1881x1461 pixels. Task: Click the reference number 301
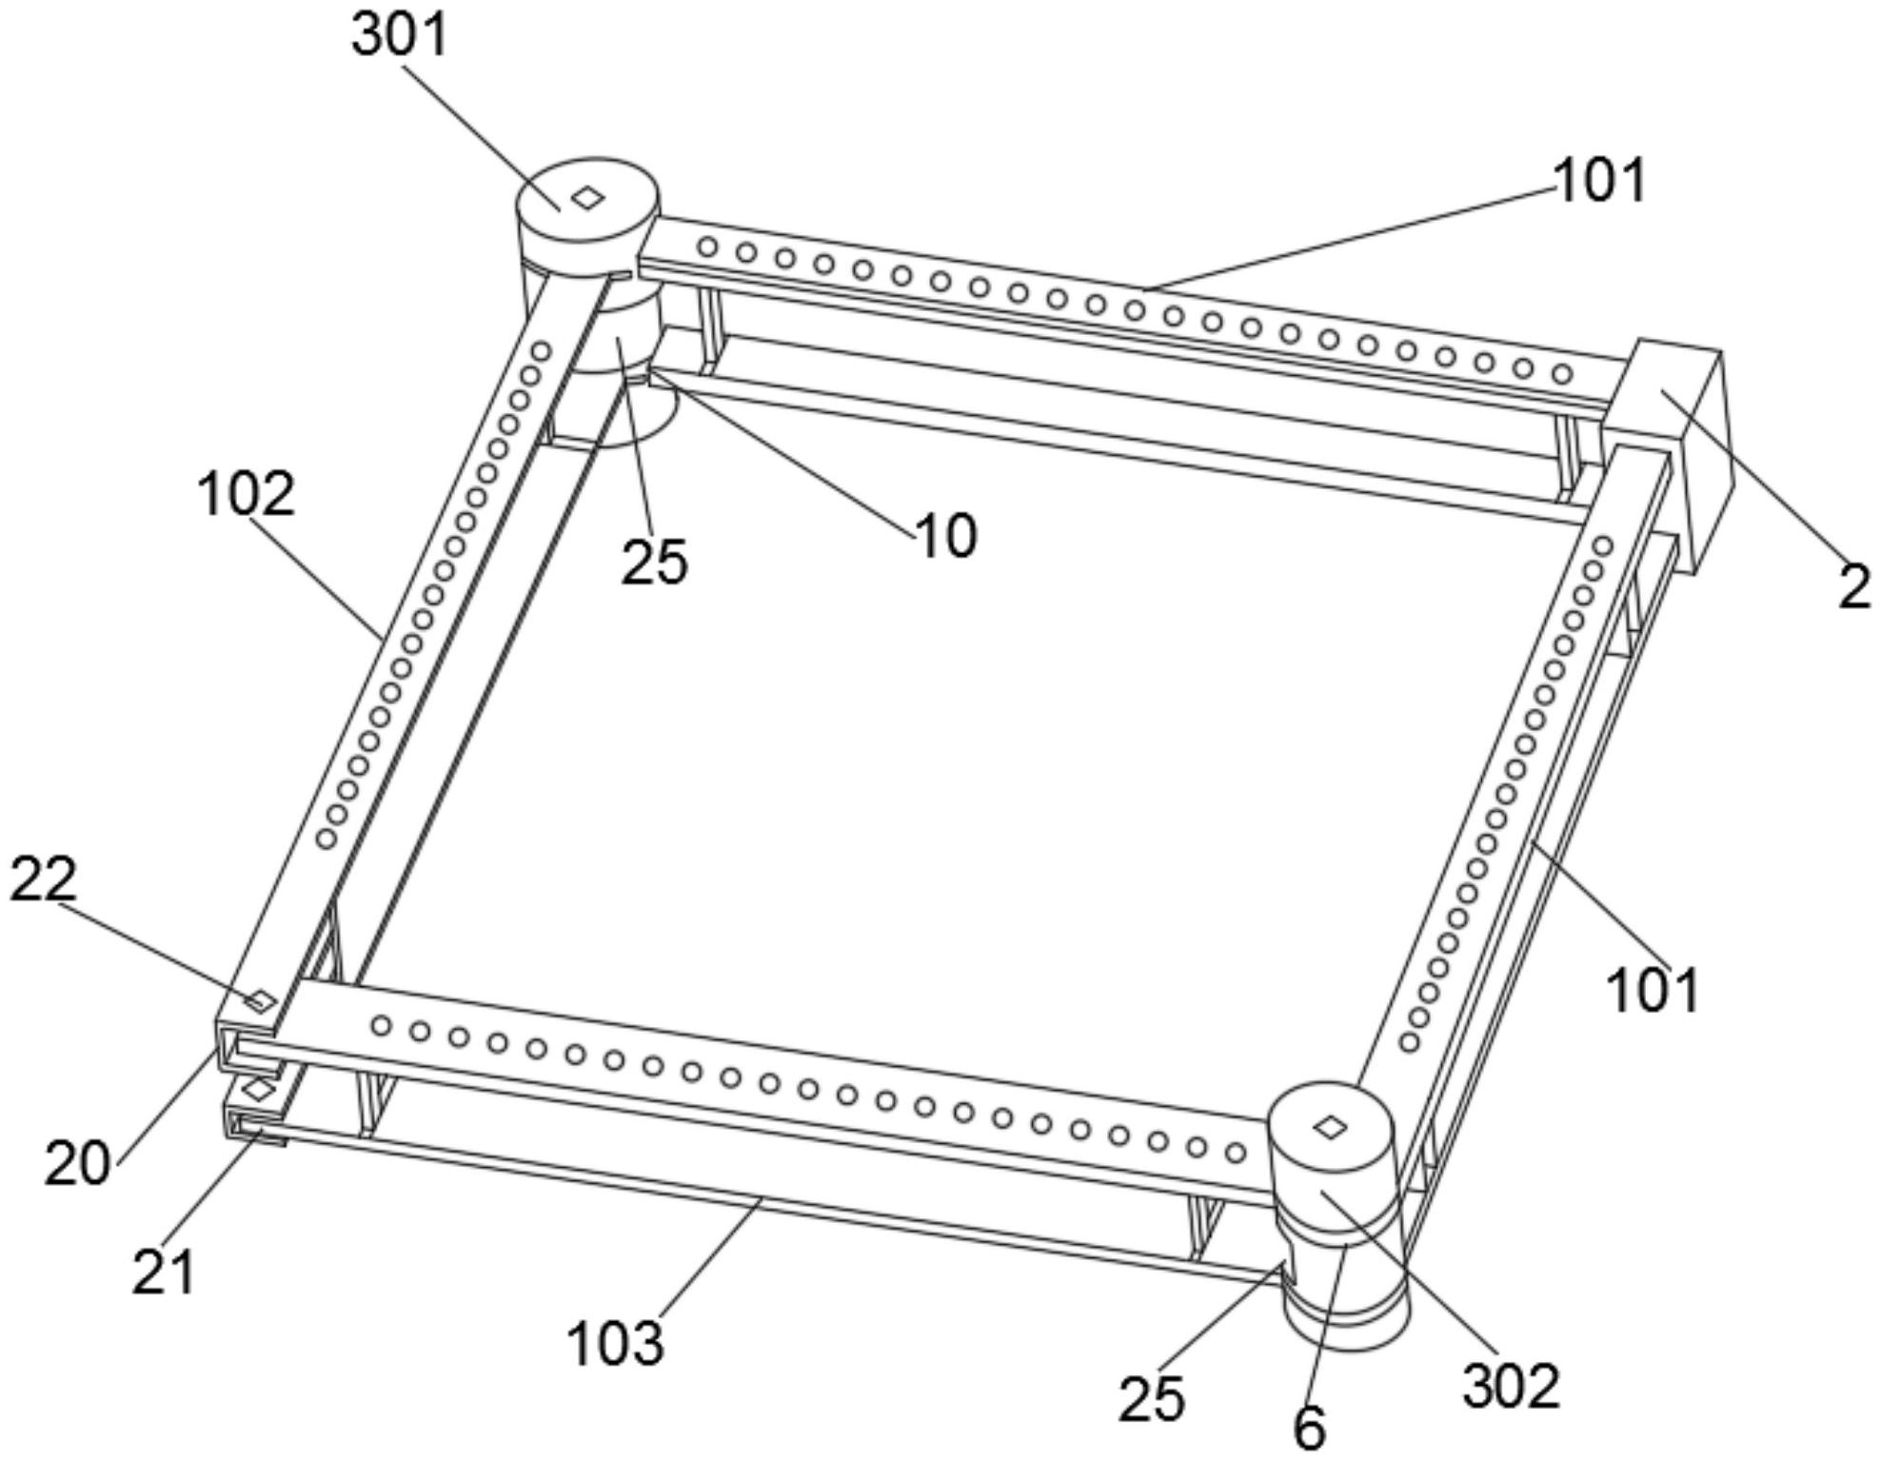point(399,35)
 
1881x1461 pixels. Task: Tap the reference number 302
point(1512,1386)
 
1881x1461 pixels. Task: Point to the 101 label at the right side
point(1653,990)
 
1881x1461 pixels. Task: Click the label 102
point(246,495)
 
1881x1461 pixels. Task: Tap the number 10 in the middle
point(945,536)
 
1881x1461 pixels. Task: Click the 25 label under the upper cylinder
point(654,562)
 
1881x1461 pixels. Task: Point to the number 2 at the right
point(1854,588)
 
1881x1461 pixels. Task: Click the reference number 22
point(43,879)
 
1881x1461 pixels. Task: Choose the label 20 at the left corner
point(77,1163)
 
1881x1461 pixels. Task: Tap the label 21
point(164,1273)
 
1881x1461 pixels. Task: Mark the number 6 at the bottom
point(1310,1428)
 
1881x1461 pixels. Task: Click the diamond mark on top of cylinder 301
point(588,197)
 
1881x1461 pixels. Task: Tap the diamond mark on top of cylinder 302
point(1330,1128)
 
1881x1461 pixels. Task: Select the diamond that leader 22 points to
point(260,1000)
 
